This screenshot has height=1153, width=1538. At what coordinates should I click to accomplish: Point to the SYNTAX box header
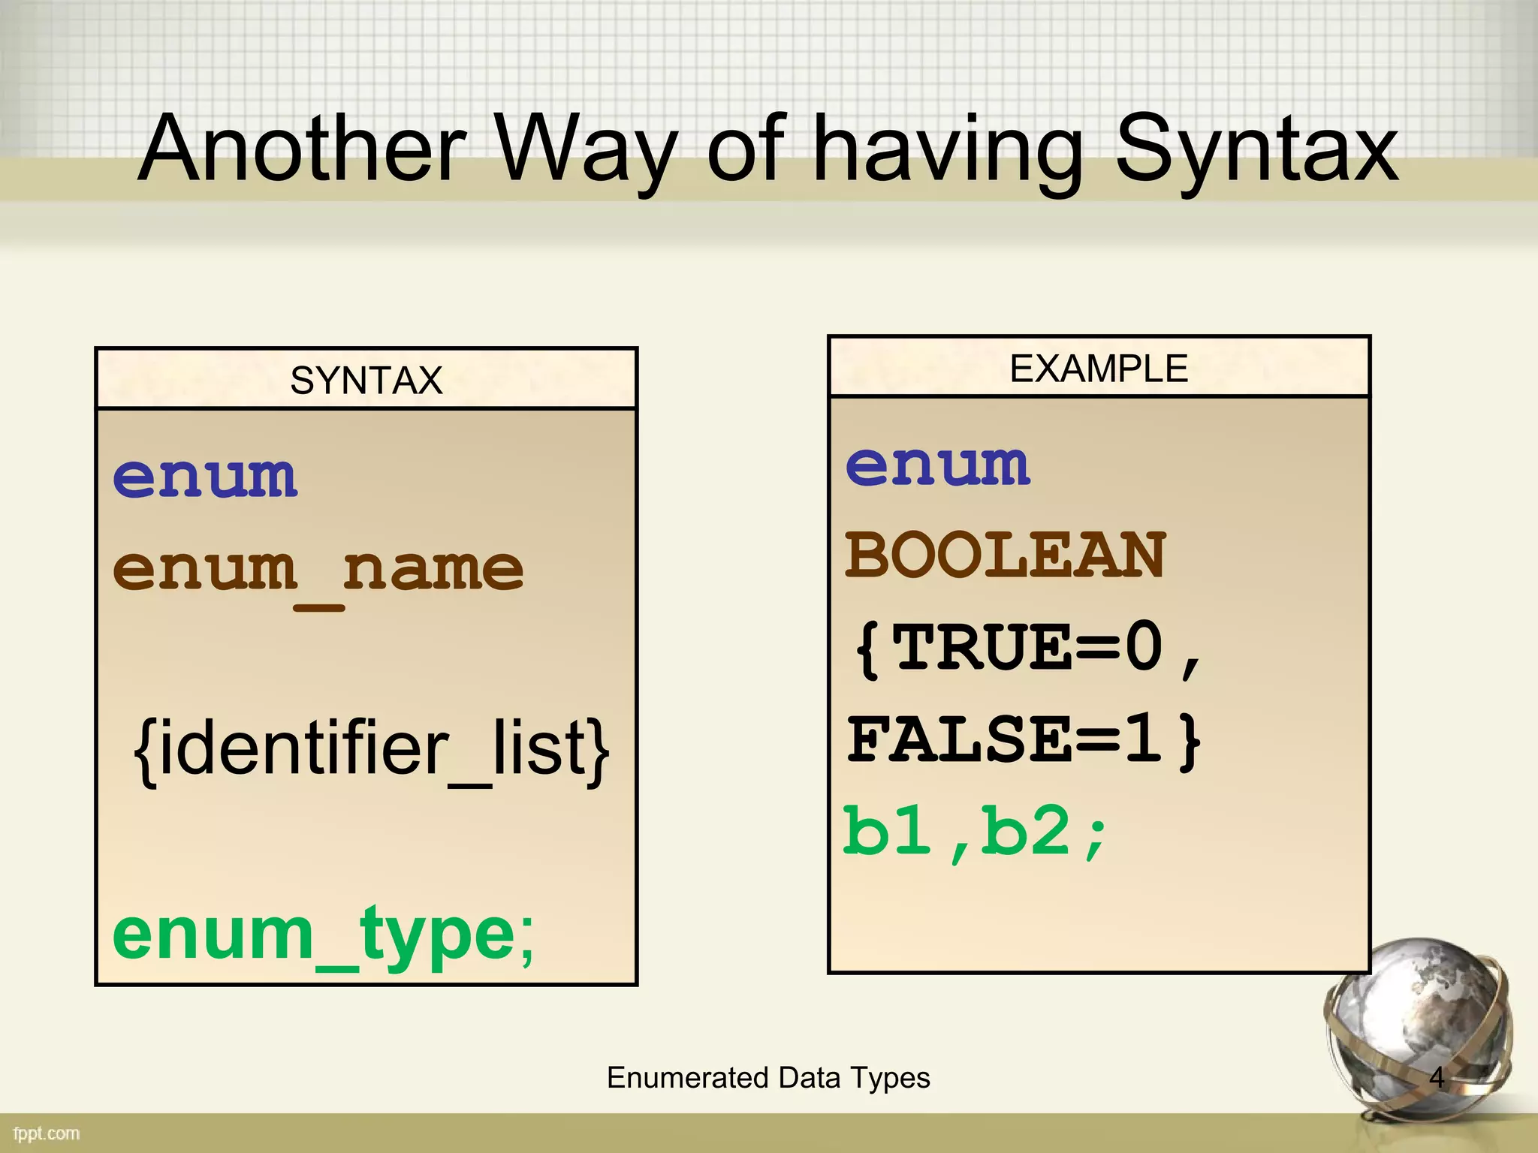tap(366, 380)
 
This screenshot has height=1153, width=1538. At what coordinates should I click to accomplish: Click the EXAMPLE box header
tap(1099, 368)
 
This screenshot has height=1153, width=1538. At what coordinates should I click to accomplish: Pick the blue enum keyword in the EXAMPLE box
tap(937, 465)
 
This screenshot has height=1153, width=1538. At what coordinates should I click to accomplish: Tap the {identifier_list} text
tap(371, 749)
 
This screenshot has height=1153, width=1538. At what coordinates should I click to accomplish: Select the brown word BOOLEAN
tap(1006, 555)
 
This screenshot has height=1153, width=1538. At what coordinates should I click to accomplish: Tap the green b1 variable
tap(886, 831)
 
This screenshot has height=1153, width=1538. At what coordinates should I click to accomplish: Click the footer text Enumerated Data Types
tap(768, 1078)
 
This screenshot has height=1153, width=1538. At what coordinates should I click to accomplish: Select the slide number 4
tap(1437, 1078)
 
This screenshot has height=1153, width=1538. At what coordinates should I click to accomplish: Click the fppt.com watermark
tap(47, 1133)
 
